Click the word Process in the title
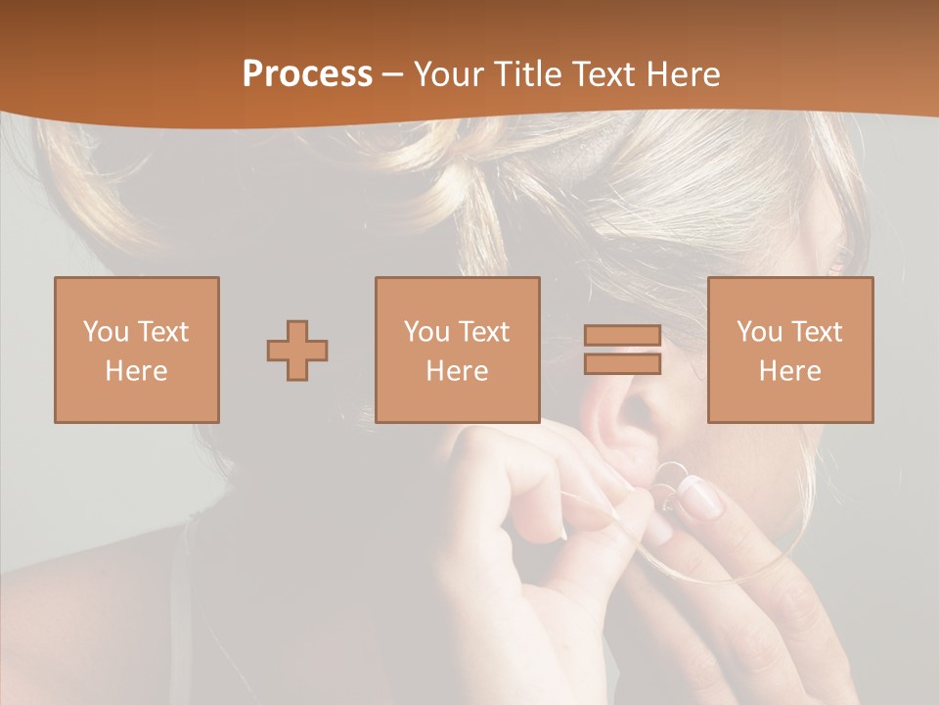click(x=307, y=74)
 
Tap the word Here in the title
click(x=681, y=74)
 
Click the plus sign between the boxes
click(x=297, y=351)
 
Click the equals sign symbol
click(x=622, y=350)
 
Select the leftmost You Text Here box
click(x=137, y=350)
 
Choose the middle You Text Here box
click(x=458, y=350)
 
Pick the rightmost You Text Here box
click(x=790, y=350)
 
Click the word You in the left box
click(x=105, y=332)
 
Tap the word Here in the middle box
click(x=458, y=371)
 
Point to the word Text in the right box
click(x=816, y=332)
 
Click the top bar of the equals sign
click(x=622, y=336)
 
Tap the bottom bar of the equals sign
click(x=622, y=364)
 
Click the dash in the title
click(x=393, y=74)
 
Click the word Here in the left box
click(x=137, y=371)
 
